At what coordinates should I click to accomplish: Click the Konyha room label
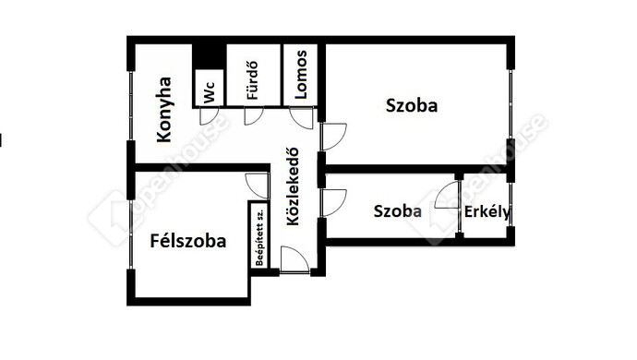(x=165, y=109)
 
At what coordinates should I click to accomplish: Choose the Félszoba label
(x=188, y=242)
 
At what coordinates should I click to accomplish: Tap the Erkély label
(x=487, y=211)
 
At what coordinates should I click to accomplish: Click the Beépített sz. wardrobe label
(x=261, y=236)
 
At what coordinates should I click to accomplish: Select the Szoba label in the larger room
(x=411, y=105)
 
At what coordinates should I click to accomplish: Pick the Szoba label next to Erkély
(x=398, y=211)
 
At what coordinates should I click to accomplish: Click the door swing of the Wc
(x=210, y=116)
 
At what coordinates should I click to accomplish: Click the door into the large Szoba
(x=331, y=136)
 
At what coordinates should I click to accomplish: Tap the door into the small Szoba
(x=331, y=202)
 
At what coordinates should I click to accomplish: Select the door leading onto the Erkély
(x=449, y=197)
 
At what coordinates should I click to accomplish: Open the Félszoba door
(x=258, y=185)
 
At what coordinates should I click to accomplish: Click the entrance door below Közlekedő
(x=294, y=260)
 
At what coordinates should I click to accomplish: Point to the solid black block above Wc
(x=209, y=54)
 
